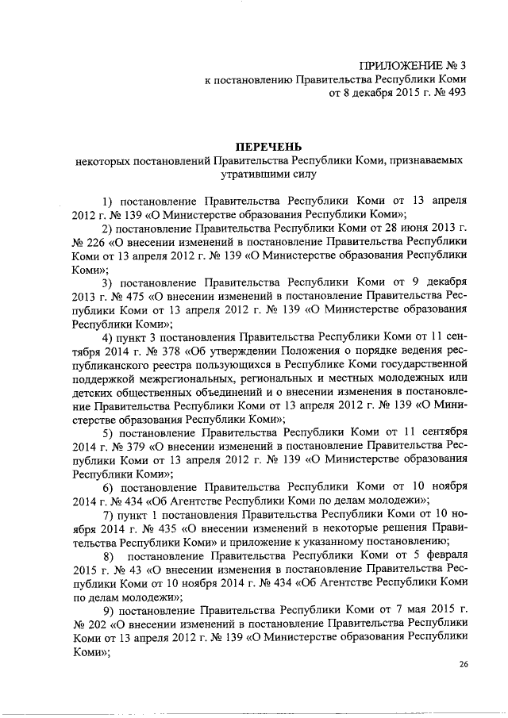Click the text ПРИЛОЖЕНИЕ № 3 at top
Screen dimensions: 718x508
412,64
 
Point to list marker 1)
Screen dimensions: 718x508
109,200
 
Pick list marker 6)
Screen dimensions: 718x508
109,485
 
